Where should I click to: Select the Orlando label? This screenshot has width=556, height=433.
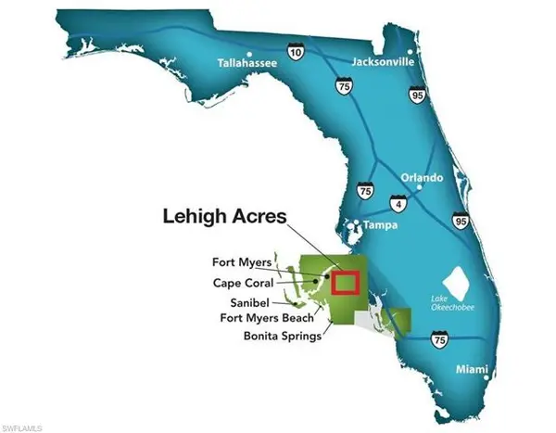[x=422, y=177]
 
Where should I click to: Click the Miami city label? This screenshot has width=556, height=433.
[x=472, y=370]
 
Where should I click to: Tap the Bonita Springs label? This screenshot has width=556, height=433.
[x=282, y=337]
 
